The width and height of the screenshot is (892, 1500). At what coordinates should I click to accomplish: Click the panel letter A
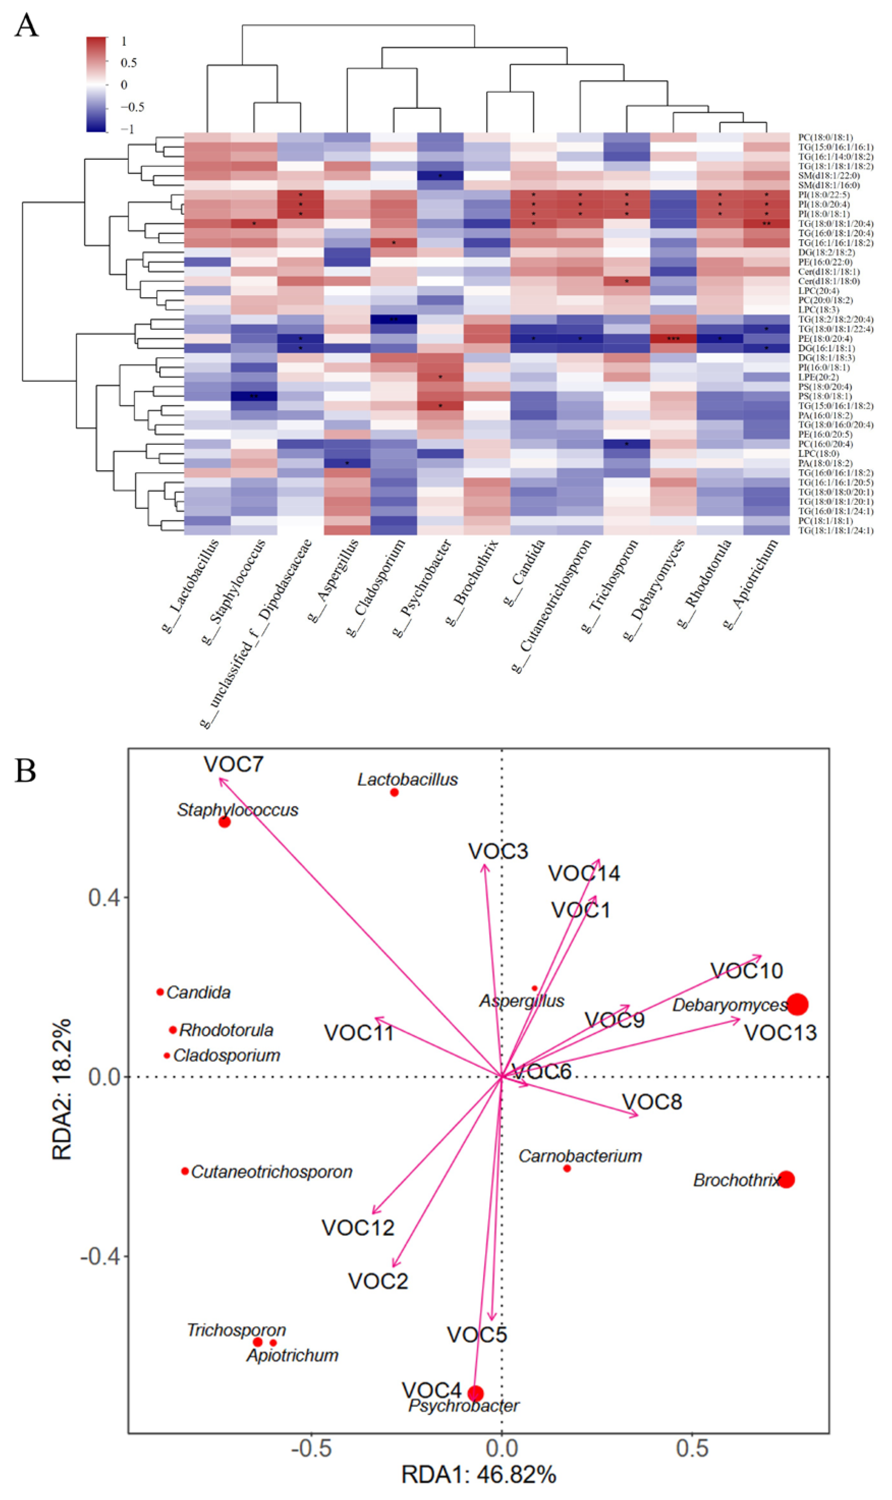tap(26, 26)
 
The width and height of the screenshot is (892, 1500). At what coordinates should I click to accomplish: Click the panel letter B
tap(25, 771)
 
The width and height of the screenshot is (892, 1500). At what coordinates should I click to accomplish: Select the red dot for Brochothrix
tap(786, 1179)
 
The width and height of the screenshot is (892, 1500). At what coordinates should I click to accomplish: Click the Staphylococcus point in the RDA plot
tap(224, 822)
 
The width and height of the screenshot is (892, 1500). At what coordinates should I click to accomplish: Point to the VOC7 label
tap(233, 764)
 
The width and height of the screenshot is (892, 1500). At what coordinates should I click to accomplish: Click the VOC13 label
tap(780, 1033)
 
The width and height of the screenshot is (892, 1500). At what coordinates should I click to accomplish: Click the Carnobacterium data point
tap(567, 1169)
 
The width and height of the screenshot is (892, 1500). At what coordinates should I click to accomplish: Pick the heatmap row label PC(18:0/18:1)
tap(825, 137)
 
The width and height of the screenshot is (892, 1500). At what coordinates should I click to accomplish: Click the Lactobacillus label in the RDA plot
tap(407, 780)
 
